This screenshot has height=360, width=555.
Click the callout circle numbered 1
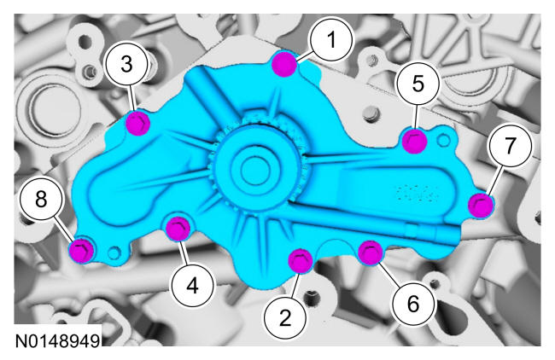[x=331, y=39]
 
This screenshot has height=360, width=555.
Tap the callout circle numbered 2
[x=285, y=318]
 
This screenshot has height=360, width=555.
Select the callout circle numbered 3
[x=126, y=64]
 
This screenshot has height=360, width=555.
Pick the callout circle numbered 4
[x=193, y=286]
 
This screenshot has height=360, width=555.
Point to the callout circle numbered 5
[x=418, y=84]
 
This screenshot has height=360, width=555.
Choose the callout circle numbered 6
[x=413, y=304]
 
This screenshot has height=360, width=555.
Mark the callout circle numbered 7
[x=510, y=145]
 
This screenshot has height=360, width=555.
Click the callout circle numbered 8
[x=41, y=199]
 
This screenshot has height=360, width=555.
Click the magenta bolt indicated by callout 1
[x=284, y=64]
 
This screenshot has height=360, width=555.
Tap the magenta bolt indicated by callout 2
[x=301, y=261]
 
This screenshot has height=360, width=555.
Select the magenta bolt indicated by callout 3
[x=138, y=123]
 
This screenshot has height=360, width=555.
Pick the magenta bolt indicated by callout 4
[x=178, y=229]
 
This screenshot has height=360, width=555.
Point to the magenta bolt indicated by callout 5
[x=415, y=141]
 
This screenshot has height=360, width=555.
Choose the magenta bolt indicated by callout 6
[x=371, y=253]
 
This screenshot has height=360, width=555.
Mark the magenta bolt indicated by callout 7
[x=481, y=206]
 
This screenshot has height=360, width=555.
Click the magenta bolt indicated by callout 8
[x=82, y=250]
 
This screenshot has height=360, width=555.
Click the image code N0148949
[x=58, y=341]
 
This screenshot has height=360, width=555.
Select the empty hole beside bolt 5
[x=443, y=141]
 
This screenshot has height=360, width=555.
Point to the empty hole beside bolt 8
[x=114, y=253]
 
